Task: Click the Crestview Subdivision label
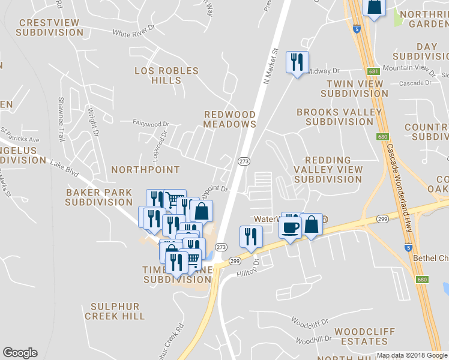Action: tap(49, 27)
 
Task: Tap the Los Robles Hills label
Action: tap(166, 76)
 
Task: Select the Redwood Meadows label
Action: tap(230, 119)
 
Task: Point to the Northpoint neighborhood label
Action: tap(145, 170)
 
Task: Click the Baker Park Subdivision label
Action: tap(99, 197)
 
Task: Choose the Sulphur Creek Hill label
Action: tap(115, 311)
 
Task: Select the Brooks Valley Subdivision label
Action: tap(339, 116)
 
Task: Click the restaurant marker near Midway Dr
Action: tap(297, 62)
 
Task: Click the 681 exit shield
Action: tap(374, 71)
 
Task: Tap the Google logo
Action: tap(20, 353)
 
